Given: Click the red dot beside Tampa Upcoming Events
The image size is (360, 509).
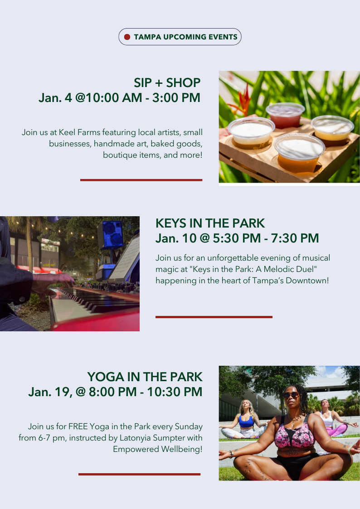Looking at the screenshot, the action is (127, 37).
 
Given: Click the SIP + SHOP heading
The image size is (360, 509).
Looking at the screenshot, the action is (167, 83).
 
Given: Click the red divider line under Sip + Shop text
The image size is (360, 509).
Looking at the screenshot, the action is (141, 180).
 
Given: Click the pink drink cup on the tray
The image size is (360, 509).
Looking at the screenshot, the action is (285, 115).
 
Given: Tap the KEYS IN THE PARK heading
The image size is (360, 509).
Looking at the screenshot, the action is (210, 223).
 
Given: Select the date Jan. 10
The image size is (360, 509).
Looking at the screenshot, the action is (176, 238).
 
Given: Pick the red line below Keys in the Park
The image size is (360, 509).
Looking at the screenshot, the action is (214, 317).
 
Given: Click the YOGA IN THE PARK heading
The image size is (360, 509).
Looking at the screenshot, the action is (145, 377).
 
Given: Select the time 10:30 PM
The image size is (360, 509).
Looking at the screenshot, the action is (175, 392).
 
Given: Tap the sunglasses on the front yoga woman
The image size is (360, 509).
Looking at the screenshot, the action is (291, 395).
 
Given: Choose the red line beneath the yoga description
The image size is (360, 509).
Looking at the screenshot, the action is (139, 474).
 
